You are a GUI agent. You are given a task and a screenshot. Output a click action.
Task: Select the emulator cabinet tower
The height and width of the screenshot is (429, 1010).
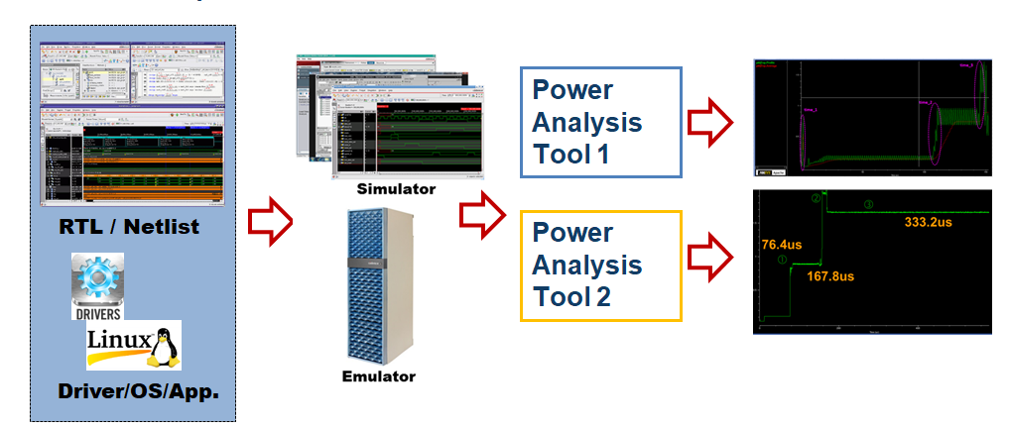click(x=378, y=286)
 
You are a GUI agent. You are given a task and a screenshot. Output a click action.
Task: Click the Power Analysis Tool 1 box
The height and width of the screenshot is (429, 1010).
click(x=600, y=123)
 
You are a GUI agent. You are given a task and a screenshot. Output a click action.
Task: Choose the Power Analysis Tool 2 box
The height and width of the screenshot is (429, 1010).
click(x=600, y=266)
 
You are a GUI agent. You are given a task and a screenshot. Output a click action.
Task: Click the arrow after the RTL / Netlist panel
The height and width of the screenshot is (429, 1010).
click(x=270, y=223)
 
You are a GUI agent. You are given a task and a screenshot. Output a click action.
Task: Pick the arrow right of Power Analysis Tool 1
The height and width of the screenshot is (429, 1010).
click(x=710, y=123)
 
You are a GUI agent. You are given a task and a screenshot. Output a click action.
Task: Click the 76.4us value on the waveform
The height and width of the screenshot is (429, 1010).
click(x=782, y=243)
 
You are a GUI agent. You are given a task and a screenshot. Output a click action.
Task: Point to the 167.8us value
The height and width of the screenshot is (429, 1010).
click(x=830, y=276)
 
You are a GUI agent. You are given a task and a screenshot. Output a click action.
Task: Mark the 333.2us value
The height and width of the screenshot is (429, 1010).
click(x=928, y=222)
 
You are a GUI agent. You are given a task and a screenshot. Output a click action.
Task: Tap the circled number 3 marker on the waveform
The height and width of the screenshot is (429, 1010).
click(x=868, y=205)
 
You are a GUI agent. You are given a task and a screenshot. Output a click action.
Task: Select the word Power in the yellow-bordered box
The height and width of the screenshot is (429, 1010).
click(x=572, y=233)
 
